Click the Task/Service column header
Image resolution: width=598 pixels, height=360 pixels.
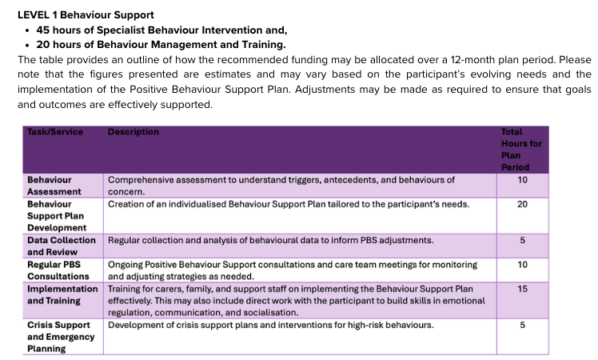pyautogui.click(x=55, y=132)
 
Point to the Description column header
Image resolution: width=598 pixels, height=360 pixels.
pyautogui.click(x=134, y=132)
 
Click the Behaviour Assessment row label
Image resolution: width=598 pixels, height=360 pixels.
pyautogui.click(x=54, y=186)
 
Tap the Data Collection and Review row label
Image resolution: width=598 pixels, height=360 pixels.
pyautogui.click(x=62, y=246)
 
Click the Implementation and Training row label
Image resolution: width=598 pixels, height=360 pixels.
pyautogui.click(x=62, y=294)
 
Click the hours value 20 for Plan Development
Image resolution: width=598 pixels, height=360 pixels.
pyautogui.click(x=522, y=205)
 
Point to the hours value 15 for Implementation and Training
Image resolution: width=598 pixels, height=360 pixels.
pyautogui.click(x=522, y=289)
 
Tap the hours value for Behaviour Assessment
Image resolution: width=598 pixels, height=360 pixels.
pyautogui.click(x=522, y=181)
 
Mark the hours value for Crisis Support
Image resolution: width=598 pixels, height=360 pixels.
pyautogui.click(x=522, y=325)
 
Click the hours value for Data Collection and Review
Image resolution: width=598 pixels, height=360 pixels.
pyautogui.click(x=522, y=240)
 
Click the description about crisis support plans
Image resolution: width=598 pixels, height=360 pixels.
pyautogui.click(x=270, y=325)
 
